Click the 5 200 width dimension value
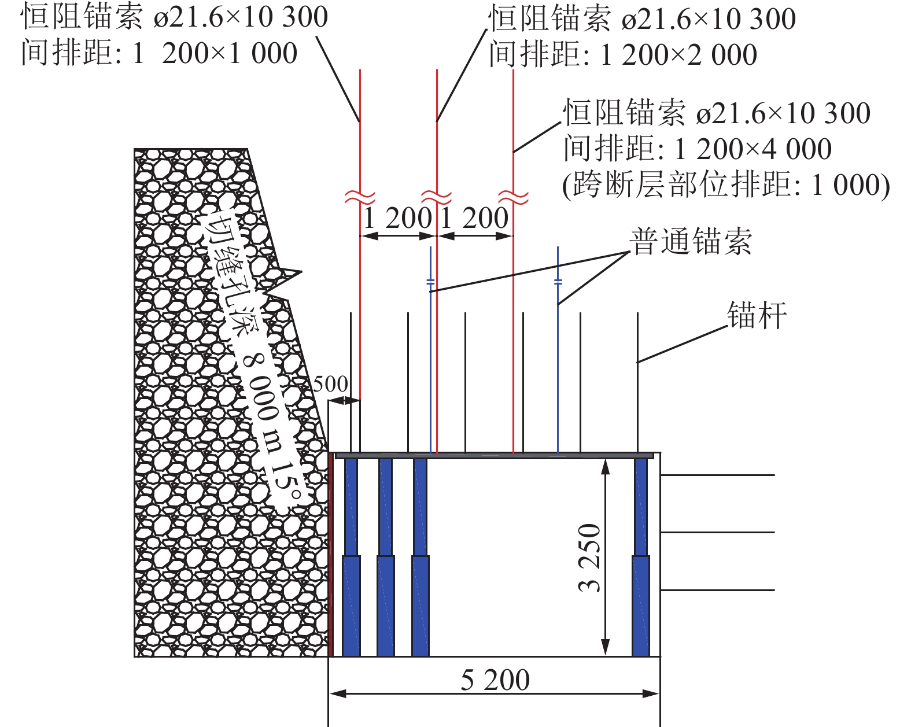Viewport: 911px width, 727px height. pos(495,680)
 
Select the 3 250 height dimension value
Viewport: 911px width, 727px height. pos(589,558)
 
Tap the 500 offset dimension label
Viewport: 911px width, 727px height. pos(330,384)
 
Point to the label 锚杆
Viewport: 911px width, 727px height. pos(757,316)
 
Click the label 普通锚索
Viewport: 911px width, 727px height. pos(691,242)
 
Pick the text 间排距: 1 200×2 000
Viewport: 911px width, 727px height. pos(622,55)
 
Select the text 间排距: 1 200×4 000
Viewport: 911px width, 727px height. pos(697,149)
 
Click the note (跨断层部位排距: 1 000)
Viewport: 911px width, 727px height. pos(725,185)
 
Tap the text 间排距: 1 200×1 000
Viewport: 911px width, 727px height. pos(159,53)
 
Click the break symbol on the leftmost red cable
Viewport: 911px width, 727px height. pos(360,197)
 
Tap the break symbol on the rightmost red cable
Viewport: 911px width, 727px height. pos(514,197)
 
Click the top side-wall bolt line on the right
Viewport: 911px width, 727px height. pos(717,475)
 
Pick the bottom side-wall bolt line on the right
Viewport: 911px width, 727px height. pos(717,590)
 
